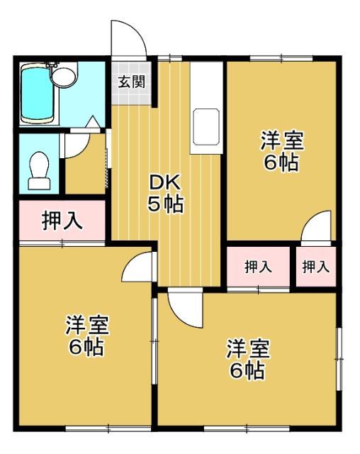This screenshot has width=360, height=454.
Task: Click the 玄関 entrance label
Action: point(132,82)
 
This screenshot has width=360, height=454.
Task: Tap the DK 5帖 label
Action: point(165,193)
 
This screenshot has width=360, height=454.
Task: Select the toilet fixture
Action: point(39,171)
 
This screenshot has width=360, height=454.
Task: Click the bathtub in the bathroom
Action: point(38,94)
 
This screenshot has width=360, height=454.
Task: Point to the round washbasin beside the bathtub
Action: point(64,77)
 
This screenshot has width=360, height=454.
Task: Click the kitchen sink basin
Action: point(206,126)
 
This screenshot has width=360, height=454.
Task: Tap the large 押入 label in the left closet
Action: point(62,221)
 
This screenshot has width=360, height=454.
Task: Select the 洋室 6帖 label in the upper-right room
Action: point(281,151)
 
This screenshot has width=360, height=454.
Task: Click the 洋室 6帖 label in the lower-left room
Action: point(86,336)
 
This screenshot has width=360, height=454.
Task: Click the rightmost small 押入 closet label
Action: point(316,267)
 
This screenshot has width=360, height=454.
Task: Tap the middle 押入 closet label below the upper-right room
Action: point(258,267)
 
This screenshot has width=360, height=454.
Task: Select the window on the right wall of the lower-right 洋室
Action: point(339,359)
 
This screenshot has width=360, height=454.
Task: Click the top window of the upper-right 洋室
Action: point(281,58)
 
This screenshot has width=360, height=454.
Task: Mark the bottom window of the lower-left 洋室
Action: point(108,428)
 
